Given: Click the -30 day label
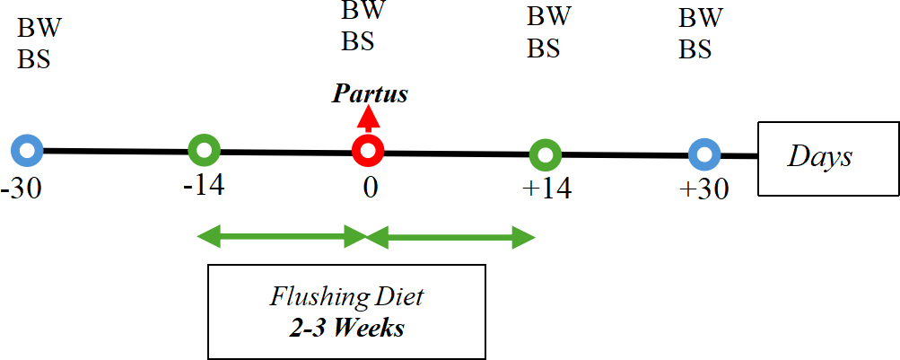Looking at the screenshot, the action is (x=22, y=189).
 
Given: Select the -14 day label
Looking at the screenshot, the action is (x=204, y=186).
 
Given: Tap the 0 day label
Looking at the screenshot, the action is (x=371, y=189).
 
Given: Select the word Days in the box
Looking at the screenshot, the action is (x=819, y=157).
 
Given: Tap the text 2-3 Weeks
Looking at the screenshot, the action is (x=346, y=329).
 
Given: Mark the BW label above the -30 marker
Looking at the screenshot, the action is (x=39, y=28).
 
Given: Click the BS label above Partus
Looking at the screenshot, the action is (x=359, y=41).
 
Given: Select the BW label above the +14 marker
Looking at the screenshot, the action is (x=549, y=16).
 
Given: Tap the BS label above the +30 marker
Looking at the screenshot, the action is (x=695, y=50).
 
